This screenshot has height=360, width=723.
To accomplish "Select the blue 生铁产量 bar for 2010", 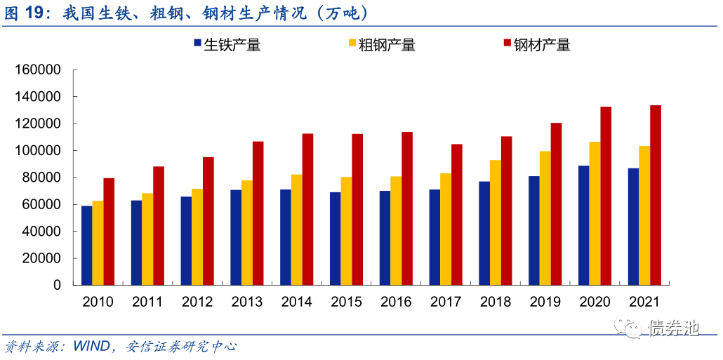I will (x=86, y=246).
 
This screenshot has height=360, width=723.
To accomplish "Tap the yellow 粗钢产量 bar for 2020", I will (x=595, y=213).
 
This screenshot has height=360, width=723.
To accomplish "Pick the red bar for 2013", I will (x=258, y=213).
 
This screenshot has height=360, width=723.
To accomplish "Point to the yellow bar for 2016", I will (x=396, y=231).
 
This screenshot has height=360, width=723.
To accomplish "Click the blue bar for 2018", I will (x=484, y=233).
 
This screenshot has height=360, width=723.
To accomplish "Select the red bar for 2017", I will (x=456, y=215).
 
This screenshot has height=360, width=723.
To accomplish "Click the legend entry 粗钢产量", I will (x=382, y=45).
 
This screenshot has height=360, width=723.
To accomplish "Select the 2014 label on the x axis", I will (x=297, y=302).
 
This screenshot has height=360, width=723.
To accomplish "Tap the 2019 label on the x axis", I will (x=545, y=302).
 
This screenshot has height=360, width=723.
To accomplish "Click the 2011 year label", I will (x=147, y=302).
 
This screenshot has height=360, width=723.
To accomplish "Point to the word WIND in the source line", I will (x=91, y=347).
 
